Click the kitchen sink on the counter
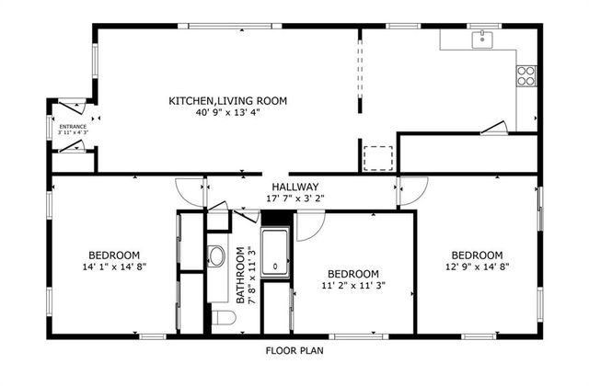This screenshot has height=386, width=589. [x=482, y=39]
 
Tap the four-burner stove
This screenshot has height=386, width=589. [x=526, y=75]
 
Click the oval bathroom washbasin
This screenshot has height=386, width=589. [x=216, y=256]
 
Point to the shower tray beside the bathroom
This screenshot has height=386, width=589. [x=275, y=253]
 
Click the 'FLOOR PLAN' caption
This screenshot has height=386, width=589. [x=294, y=350]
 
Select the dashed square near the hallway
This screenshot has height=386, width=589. [x=378, y=158]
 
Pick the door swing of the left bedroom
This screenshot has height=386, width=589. [x=190, y=191]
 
